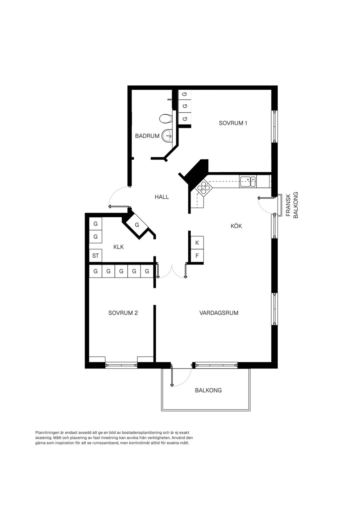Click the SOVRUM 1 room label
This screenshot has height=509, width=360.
233,123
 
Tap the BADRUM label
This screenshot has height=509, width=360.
147,136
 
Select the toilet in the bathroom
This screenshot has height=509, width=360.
165,119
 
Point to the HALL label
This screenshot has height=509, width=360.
162,197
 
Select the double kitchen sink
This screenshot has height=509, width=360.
248,181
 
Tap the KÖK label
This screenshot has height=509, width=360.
236,226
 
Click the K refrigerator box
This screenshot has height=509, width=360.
197,243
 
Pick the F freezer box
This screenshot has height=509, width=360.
197,256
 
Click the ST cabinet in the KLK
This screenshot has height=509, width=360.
95,256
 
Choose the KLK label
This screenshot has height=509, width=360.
118,247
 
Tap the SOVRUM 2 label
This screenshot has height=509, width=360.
123,313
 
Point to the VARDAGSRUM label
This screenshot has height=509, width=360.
219,313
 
